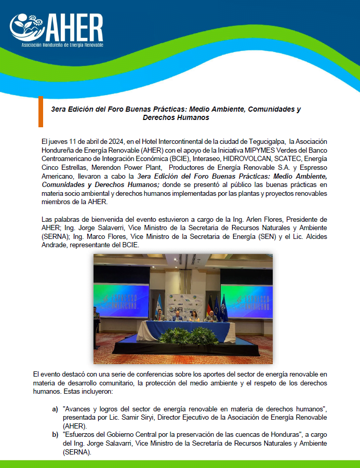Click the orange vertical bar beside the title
(x=41, y=112)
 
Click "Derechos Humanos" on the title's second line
(x=176, y=118)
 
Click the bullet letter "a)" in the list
(x=55, y=409)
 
